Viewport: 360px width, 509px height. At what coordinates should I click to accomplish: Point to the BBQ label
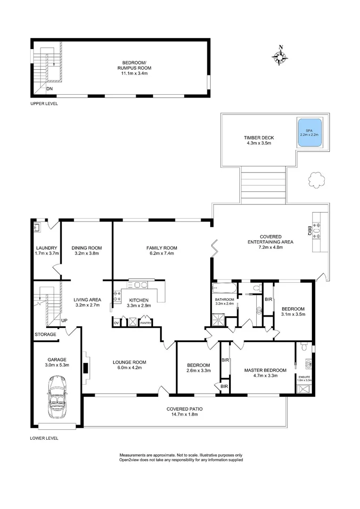coord(310,230)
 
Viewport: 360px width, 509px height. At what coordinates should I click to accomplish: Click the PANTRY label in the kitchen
coord(146,323)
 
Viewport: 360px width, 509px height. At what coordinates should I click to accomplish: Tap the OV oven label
coord(116,323)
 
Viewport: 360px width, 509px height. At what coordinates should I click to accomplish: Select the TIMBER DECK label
coord(259,138)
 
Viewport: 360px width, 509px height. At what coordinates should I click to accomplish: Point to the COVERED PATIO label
coord(182,409)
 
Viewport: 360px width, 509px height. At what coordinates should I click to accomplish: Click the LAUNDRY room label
coord(47,248)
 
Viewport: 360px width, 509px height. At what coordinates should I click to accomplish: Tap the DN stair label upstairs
coord(49,88)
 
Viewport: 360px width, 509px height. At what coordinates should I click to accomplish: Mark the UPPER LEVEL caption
coord(44,104)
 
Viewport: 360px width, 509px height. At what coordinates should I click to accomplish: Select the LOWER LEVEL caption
coord(44,438)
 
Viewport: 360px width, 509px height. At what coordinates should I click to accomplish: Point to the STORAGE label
coord(45,334)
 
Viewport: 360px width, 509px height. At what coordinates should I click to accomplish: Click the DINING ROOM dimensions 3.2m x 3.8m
coord(87,254)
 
